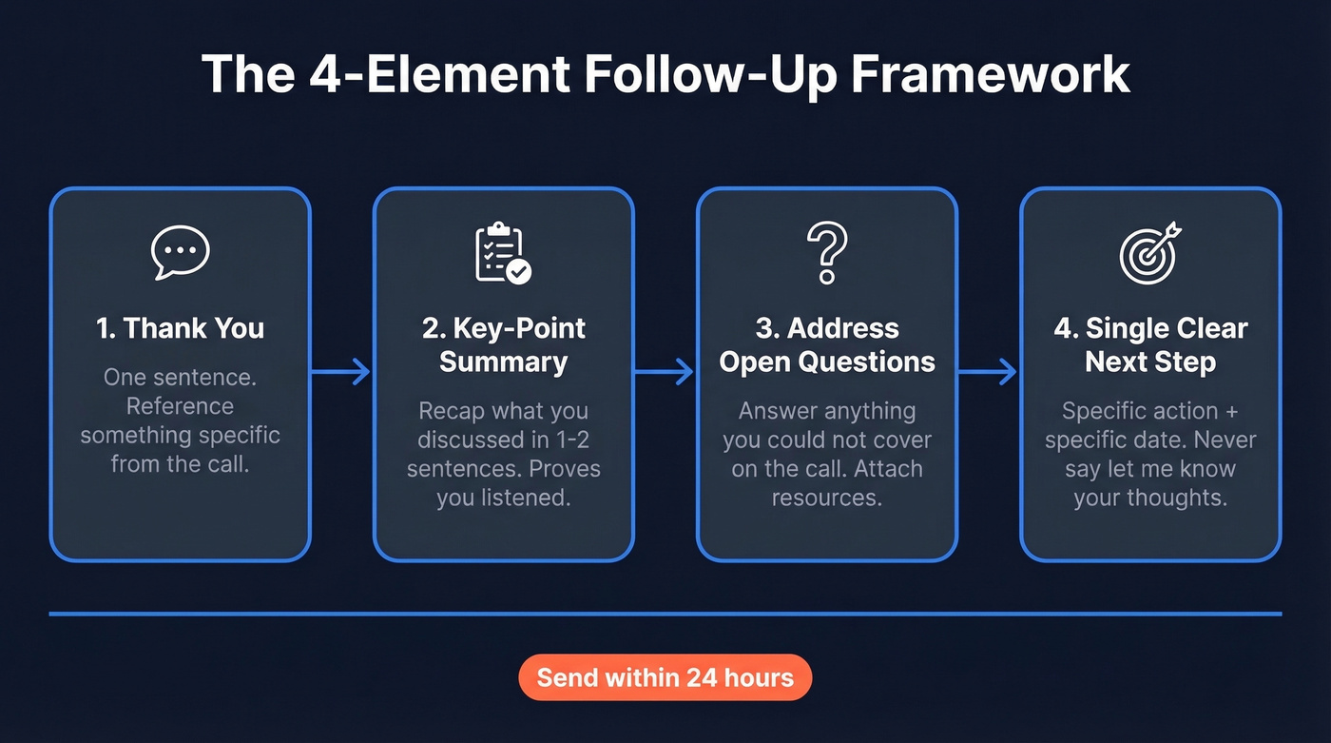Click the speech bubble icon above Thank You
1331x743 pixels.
pyautogui.click(x=181, y=252)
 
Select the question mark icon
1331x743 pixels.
pyautogui.click(x=826, y=253)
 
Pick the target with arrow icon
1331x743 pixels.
pyautogui.click(x=1150, y=253)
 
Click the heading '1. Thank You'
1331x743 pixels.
pyautogui.click(x=181, y=329)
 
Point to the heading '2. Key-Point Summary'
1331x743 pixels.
pyautogui.click(x=503, y=345)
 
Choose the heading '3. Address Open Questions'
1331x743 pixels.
pyautogui.click(x=827, y=345)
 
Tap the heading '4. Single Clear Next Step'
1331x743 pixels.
pyautogui.click(x=1150, y=345)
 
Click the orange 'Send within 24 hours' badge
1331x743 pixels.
pyautogui.click(x=665, y=678)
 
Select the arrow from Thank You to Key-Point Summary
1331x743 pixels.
pyautogui.click(x=341, y=372)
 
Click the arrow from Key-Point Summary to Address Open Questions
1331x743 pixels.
pyautogui.click(x=665, y=372)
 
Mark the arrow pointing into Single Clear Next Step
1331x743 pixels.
pyautogui.click(x=988, y=372)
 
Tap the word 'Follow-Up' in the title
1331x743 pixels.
pyautogui.click(x=703, y=75)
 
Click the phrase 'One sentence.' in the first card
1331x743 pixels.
pyautogui.click(x=181, y=378)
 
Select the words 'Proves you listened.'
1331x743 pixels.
pyautogui.click(x=503, y=483)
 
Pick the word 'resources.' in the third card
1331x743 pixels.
pyautogui.click(x=827, y=498)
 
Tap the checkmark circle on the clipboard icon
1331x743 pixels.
pyautogui.click(x=518, y=271)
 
